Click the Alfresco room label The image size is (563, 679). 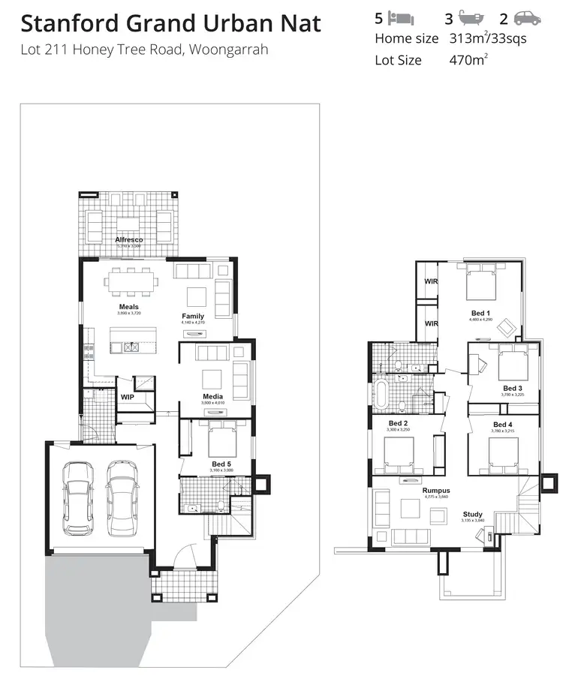click(128, 239)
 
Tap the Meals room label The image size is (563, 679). click(128, 307)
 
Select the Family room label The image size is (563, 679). click(193, 316)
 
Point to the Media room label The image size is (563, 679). click(212, 396)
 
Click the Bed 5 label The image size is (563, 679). click(221, 464)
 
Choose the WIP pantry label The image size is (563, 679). click(127, 397)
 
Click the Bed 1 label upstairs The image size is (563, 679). click(480, 313)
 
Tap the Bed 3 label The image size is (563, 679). click(513, 388)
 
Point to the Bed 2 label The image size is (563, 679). click(398, 423)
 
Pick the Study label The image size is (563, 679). click(472, 515)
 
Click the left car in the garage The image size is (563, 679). click(77, 498)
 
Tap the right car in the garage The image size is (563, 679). click(122, 498)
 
